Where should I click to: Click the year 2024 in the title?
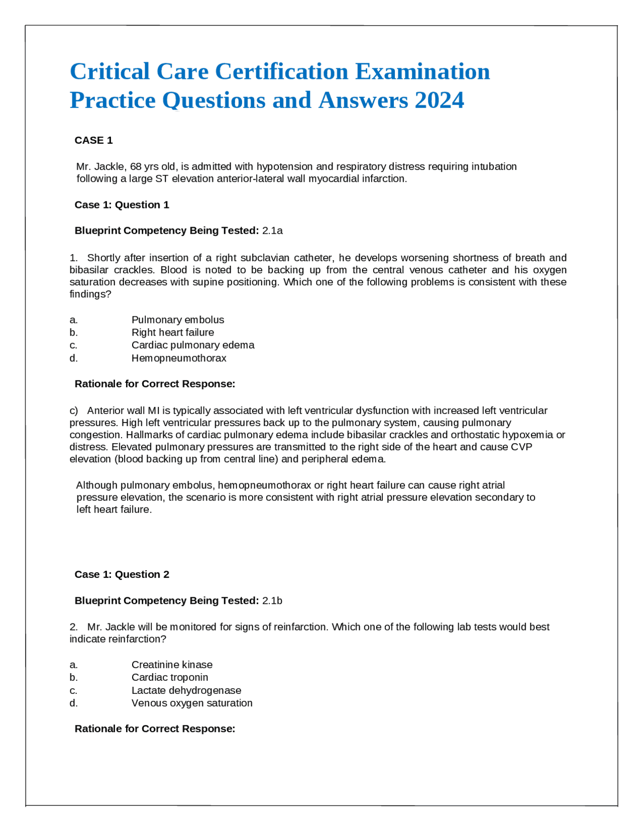click(x=439, y=100)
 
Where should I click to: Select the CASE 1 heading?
click(x=93, y=140)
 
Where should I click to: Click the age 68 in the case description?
click(x=135, y=166)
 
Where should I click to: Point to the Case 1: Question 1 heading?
click(x=122, y=204)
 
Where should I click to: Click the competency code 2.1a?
click(x=272, y=231)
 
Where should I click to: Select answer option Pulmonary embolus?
click(x=178, y=320)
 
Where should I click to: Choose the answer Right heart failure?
click(x=173, y=332)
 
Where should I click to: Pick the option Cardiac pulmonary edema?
click(x=193, y=345)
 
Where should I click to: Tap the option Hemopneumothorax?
click(x=179, y=358)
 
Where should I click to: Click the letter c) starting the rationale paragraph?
click(x=74, y=410)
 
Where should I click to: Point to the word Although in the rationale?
click(x=97, y=485)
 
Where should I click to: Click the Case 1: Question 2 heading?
click(x=122, y=574)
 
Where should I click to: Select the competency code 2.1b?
click(x=272, y=600)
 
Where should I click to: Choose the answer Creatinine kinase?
click(x=172, y=664)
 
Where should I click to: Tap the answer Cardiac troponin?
click(x=170, y=677)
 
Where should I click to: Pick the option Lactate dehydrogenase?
click(x=186, y=690)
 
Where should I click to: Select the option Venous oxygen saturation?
click(x=192, y=702)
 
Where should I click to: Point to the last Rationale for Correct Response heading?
click(x=155, y=729)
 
